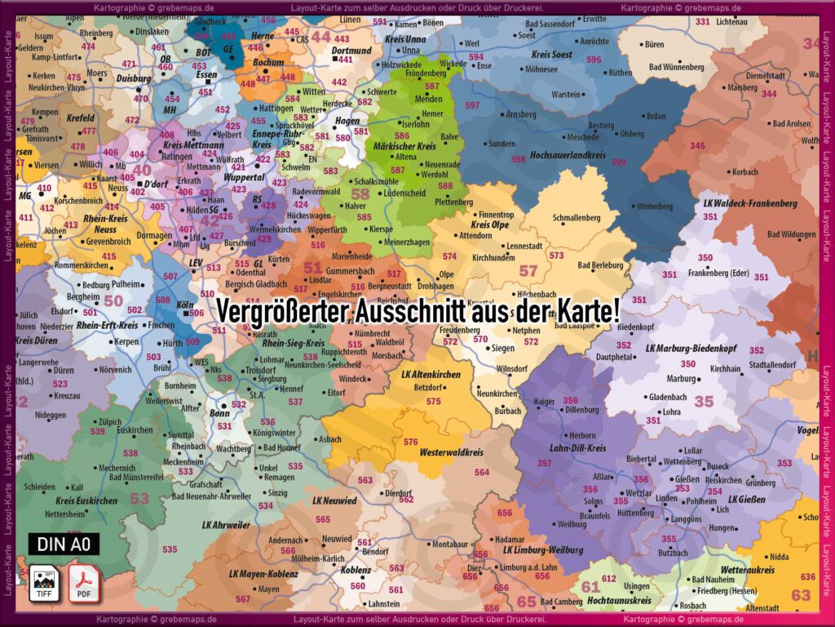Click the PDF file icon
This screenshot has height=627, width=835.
point(82,581)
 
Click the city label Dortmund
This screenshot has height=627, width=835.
point(351,50)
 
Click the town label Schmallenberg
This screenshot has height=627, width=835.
point(576,218)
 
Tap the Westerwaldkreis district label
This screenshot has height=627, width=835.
point(452,451)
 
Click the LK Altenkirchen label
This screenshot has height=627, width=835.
point(431,374)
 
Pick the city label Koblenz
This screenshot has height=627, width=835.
point(356,570)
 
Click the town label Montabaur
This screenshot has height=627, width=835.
point(451,544)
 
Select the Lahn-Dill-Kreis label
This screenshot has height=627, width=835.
point(578,447)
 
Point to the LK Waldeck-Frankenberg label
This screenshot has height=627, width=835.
point(750,202)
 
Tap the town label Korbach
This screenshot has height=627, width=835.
point(744,172)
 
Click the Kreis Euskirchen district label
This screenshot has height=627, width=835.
point(86,500)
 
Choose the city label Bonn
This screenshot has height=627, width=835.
point(220,413)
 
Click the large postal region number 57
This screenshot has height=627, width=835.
point(528,270)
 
